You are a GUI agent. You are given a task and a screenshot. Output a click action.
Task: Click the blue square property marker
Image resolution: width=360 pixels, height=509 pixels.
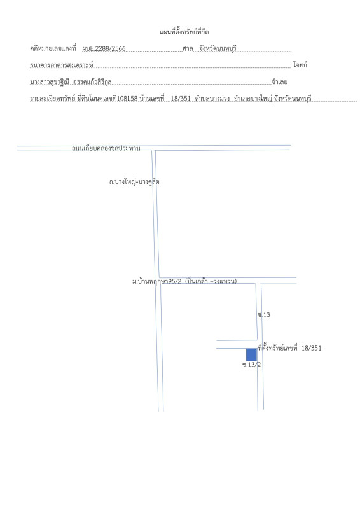251,355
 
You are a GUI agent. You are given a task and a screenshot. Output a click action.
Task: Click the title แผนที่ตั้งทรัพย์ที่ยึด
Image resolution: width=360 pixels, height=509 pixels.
184,32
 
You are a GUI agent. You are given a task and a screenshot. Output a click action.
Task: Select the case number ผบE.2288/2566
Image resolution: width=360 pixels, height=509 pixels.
104,49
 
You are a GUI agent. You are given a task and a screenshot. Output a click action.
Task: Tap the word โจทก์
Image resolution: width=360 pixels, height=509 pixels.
300,65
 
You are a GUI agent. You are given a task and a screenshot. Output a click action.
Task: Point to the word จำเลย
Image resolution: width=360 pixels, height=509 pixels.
280,82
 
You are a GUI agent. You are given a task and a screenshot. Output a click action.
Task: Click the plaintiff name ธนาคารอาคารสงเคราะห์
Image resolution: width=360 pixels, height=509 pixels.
62,66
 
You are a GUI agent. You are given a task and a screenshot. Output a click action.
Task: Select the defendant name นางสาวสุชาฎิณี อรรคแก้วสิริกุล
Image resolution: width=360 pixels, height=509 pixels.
71,82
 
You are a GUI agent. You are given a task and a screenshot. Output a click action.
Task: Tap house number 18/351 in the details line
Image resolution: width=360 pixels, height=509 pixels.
181,99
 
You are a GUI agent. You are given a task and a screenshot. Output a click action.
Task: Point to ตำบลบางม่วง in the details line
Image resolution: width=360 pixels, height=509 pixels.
212,99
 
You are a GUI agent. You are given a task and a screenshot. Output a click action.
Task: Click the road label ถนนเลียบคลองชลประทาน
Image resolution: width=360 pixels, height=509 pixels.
106,148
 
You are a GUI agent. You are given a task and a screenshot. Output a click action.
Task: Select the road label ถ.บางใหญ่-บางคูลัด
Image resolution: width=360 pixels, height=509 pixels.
134,182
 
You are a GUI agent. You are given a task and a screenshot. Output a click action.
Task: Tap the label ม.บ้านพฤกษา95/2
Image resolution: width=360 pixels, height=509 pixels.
157,281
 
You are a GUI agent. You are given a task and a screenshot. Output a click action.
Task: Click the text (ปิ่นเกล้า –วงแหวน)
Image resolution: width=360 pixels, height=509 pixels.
211,281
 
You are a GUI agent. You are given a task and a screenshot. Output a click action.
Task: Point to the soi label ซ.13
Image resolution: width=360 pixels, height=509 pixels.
263,315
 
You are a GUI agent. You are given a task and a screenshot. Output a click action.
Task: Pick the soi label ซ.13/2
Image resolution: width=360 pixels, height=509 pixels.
252,365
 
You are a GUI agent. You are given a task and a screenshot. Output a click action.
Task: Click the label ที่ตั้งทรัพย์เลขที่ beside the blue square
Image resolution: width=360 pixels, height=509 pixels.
277,348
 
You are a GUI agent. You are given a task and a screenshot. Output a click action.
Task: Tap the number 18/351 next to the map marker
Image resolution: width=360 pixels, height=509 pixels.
311,348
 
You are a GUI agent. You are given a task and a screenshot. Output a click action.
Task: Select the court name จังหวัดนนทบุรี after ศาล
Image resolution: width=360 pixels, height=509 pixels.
218,49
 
